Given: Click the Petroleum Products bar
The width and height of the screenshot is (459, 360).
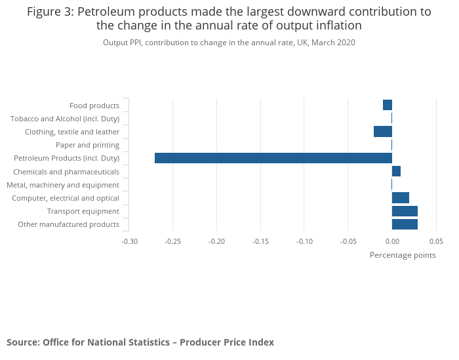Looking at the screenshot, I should coord(273,158).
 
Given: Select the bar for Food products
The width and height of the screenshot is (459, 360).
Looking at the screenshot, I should coord(388,105).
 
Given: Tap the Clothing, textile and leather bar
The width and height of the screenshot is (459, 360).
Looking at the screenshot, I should coord(383,132).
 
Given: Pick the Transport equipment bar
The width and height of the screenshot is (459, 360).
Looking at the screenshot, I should coord(405,211).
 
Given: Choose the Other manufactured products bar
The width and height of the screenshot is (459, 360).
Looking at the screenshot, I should coord(405,224).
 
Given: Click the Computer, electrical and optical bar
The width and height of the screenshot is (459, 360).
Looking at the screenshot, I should coord(401,198).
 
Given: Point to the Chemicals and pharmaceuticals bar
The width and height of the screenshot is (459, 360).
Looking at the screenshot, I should coord(396,171).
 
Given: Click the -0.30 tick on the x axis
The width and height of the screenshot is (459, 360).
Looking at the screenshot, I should coord(129,241).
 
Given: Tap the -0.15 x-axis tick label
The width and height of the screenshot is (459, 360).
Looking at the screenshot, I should coord(260,241).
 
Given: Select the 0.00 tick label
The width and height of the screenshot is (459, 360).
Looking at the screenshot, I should coord(392,241).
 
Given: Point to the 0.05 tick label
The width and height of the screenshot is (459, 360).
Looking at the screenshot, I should coord(435,241).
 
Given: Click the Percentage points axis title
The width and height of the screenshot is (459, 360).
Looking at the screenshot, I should coord(403,255).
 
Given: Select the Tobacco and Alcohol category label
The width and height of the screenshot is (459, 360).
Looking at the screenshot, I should coord(65,119).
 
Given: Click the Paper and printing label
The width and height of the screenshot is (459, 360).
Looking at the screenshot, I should coord(87,145).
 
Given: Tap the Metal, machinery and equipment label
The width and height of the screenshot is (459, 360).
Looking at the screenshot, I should coord(63,185).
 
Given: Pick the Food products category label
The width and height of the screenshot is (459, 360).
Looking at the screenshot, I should coord(94,106).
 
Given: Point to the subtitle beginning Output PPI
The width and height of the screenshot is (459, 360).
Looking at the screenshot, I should coord(229,43).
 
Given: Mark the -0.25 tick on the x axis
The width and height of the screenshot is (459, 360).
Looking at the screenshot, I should coord(173,241).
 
